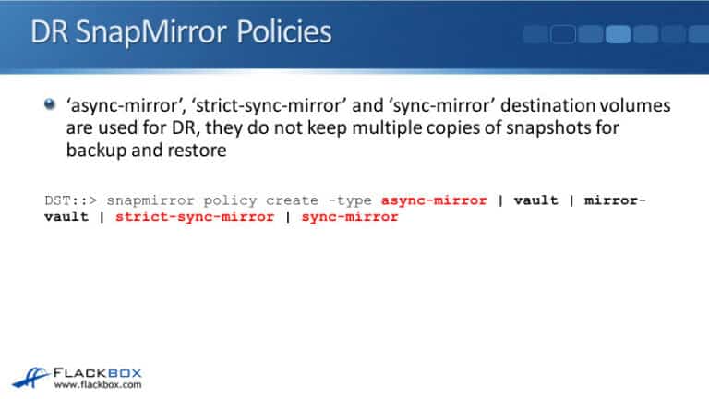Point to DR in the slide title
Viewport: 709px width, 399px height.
click(46, 34)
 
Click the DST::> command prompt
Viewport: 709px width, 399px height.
click(72, 200)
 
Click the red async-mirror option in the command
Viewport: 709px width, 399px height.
click(433, 200)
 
